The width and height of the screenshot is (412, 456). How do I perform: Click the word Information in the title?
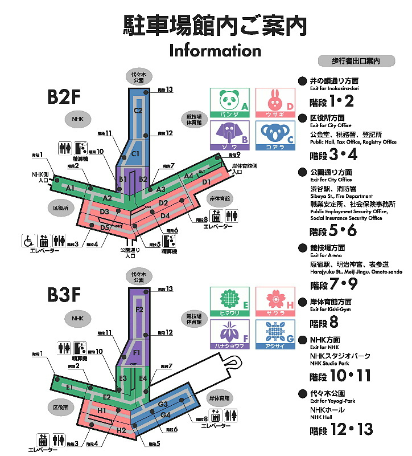[x=215, y=50]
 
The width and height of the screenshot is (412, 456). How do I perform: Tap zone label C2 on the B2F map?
[x=138, y=110]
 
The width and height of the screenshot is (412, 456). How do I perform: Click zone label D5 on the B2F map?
[x=105, y=227]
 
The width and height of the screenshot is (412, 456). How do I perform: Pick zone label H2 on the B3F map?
[x=121, y=430]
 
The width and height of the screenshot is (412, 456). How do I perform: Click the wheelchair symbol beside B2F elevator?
[x=27, y=241]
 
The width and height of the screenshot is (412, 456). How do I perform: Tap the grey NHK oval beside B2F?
[x=73, y=119]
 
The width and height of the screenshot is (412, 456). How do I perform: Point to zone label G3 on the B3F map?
[x=162, y=404]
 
